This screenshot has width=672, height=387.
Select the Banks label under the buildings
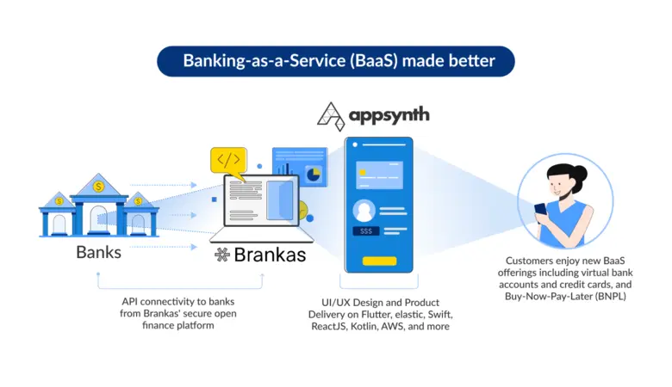coord(99,253)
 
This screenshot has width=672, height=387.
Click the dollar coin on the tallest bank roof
coord(99,185)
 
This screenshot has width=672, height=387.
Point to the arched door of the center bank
coord(99,220)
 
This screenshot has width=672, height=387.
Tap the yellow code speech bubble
coord(228,160)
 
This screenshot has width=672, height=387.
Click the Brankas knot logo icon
coord(221,255)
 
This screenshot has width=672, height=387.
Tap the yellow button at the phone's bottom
coord(379,261)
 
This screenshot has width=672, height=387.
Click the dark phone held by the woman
coord(540,209)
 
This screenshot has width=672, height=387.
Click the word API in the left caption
coord(132,302)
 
